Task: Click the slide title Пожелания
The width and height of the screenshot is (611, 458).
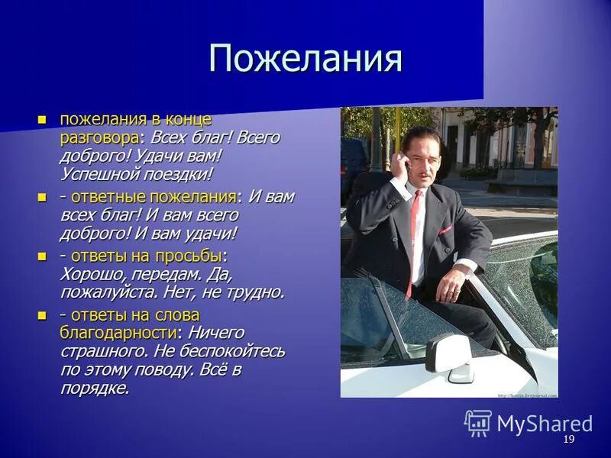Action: point(305,58)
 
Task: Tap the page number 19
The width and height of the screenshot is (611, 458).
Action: point(568,440)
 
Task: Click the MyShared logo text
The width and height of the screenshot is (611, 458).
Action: point(545,424)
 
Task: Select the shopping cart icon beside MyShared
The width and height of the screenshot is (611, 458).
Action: point(478,423)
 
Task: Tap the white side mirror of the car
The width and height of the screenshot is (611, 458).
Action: point(450,354)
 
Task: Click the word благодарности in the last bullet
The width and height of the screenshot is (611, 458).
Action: point(119,333)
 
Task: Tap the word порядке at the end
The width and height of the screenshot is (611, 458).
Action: point(94,388)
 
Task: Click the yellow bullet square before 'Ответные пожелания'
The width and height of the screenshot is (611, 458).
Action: point(42,196)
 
